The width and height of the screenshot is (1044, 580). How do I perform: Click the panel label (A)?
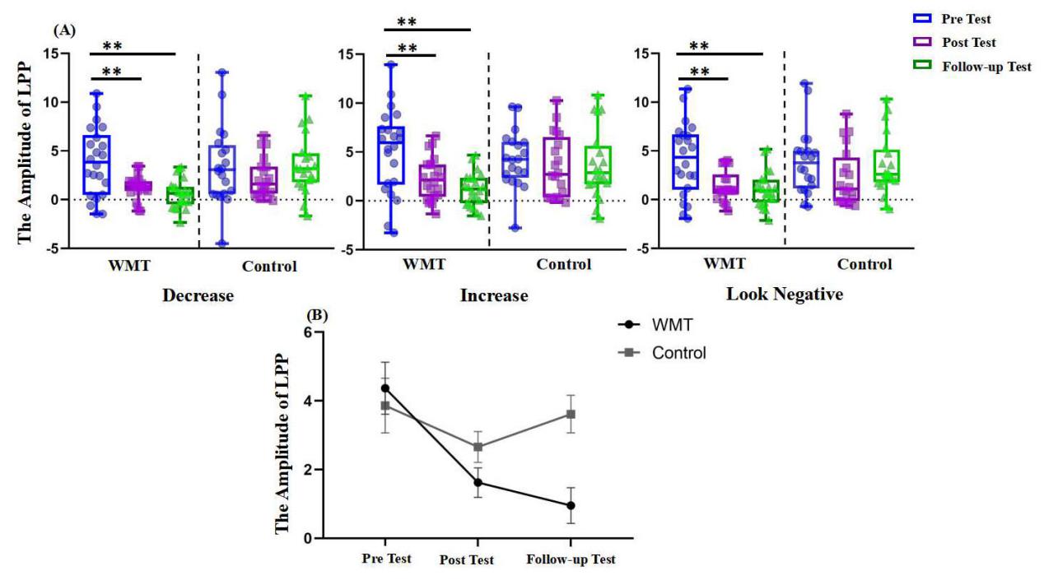(x=63, y=30)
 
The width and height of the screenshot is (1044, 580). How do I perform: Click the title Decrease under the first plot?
(x=198, y=295)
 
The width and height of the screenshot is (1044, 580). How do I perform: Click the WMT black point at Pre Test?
(x=385, y=387)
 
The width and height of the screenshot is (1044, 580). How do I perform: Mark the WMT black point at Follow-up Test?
(x=571, y=505)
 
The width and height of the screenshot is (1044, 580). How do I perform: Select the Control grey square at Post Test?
(x=478, y=447)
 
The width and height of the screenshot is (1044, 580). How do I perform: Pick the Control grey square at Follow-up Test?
(x=571, y=414)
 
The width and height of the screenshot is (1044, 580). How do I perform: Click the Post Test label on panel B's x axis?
(x=467, y=560)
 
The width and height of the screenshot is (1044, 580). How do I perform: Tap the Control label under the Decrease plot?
(x=269, y=266)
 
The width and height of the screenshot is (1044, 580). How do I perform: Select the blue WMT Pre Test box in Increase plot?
(x=391, y=155)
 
